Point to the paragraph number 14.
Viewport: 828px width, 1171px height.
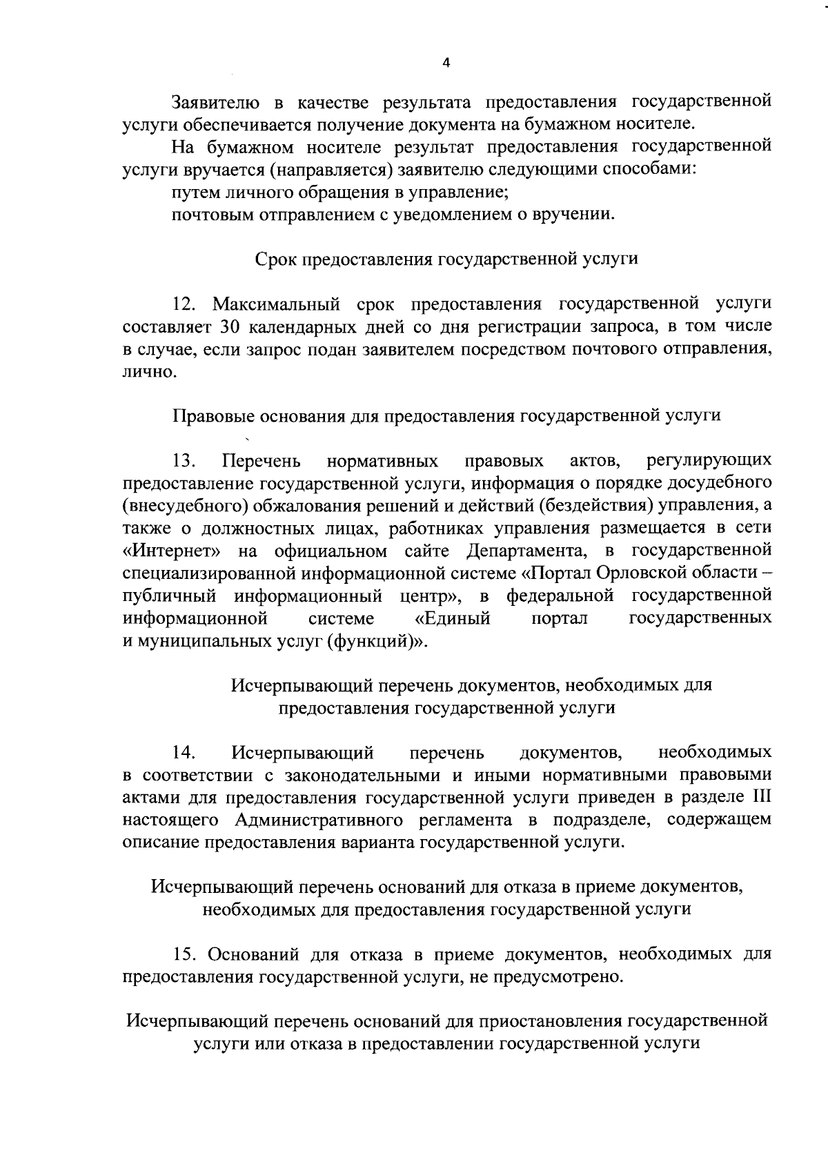coord(186,751)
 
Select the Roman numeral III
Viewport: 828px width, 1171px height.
coord(760,797)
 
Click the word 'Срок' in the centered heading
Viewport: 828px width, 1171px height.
coord(276,259)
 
